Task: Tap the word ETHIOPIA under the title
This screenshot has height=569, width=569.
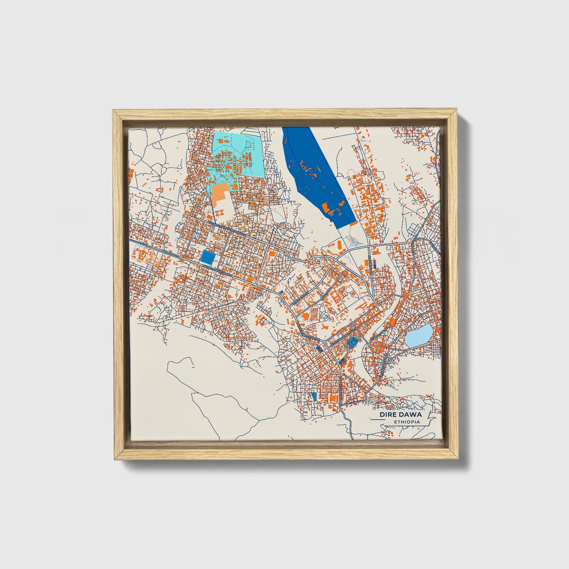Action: (407, 422)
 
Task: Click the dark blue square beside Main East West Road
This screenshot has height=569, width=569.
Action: (208, 257)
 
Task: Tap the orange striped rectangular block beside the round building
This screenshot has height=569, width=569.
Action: (314, 314)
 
